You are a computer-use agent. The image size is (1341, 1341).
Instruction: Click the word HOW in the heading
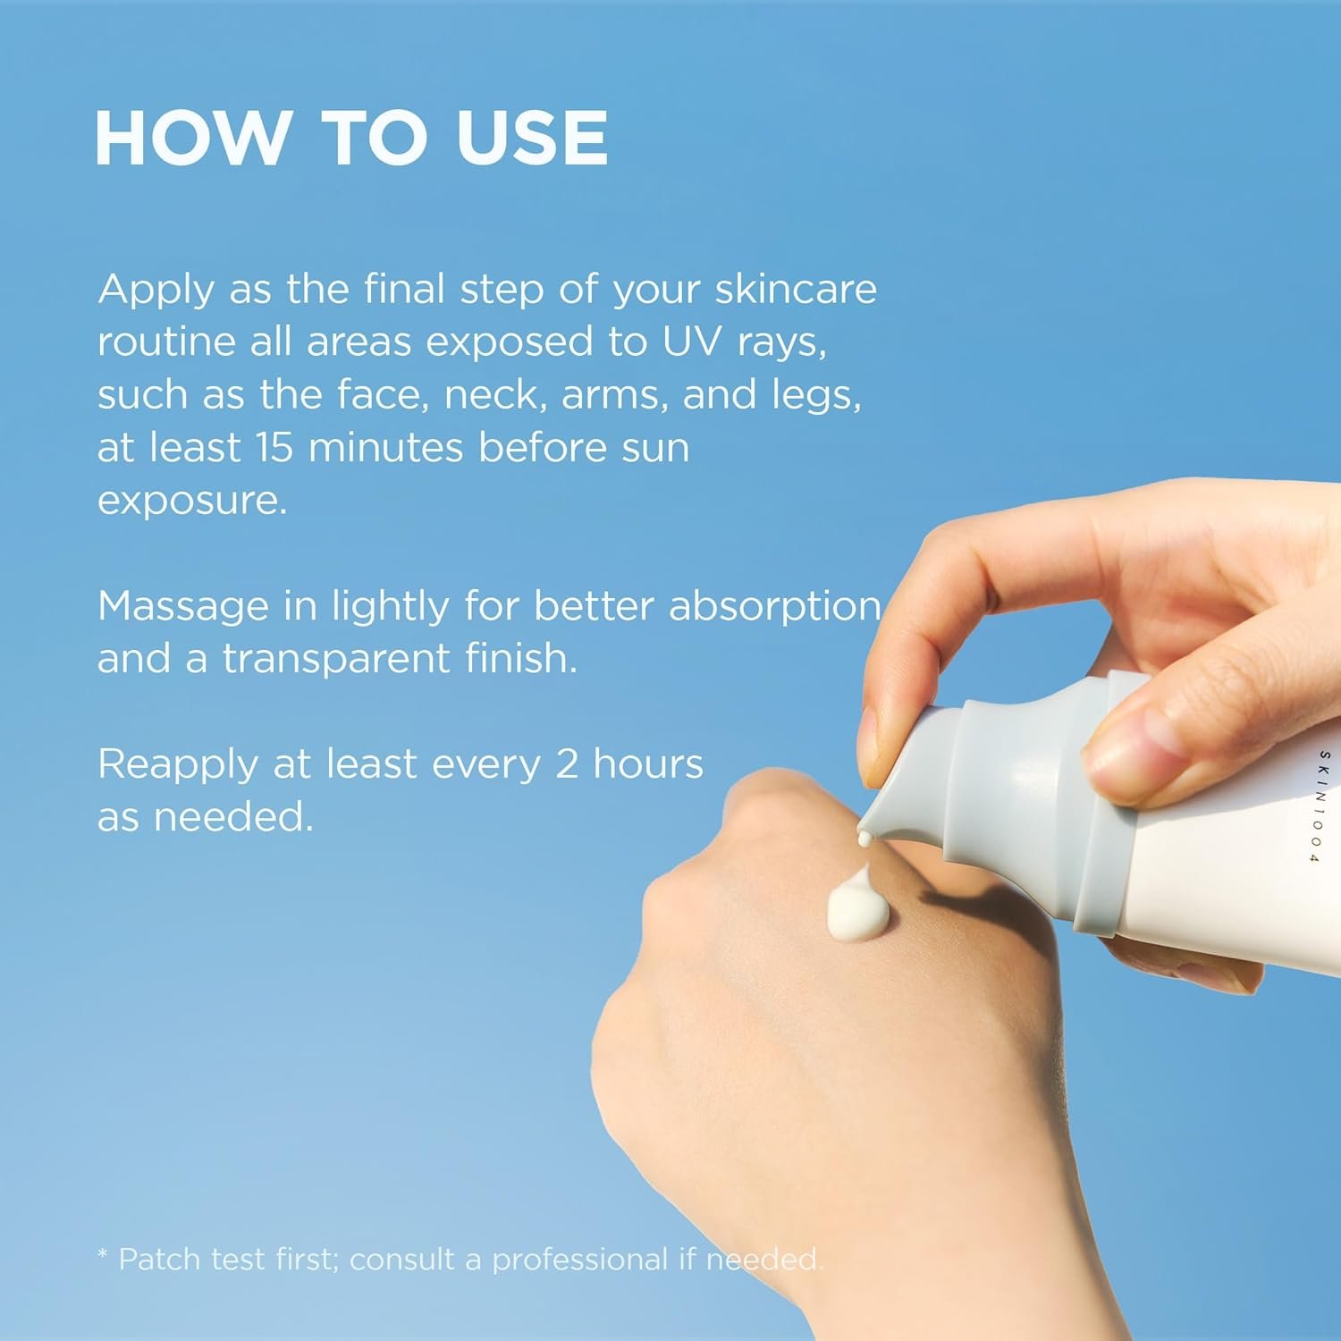(x=192, y=138)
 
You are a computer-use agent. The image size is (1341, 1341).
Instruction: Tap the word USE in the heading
(x=533, y=138)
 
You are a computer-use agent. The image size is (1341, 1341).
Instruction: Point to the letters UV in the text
(x=691, y=342)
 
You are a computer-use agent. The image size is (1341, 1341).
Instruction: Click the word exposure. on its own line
(x=192, y=502)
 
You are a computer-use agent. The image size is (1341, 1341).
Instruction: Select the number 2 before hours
(x=567, y=765)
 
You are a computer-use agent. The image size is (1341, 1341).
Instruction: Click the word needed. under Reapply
(x=233, y=816)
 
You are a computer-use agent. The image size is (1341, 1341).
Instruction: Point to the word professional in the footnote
(x=580, y=1261)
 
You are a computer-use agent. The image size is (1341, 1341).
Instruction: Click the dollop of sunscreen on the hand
(x=857, y=905)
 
